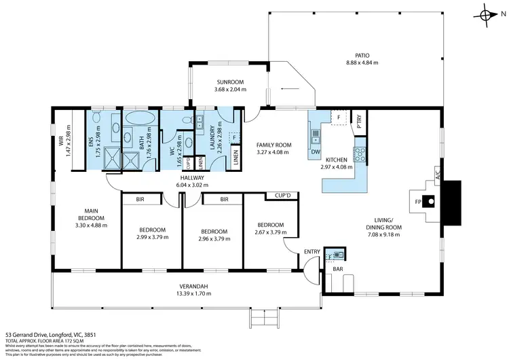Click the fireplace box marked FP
417,201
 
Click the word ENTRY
312,252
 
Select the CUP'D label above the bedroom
283,196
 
